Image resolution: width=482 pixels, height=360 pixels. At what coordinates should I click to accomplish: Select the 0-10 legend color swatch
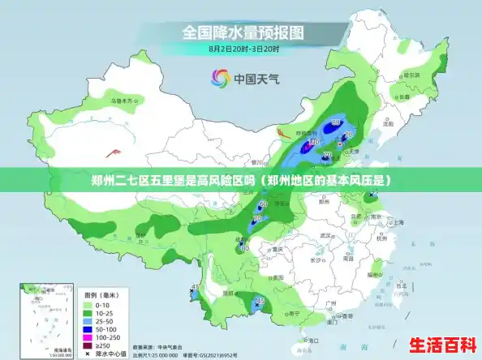[89, 303]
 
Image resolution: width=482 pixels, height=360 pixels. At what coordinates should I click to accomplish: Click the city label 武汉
[326, 235]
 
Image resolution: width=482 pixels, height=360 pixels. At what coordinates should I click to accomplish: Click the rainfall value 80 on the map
[335, 122]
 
